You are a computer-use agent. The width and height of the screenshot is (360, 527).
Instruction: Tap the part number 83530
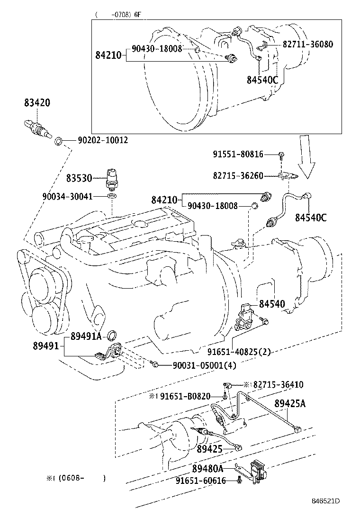(x=79, y=178)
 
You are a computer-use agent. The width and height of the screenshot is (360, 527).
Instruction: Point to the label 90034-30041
(x=73, y=196)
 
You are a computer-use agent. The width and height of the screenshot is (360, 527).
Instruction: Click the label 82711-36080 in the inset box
(x=307, y=45)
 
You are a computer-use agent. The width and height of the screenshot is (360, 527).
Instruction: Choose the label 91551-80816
(x=238, y=154)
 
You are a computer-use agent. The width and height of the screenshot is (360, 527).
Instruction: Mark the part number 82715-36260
(x=238, y=175)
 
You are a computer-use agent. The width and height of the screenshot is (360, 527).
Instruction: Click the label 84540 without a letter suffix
(x=272, y=304)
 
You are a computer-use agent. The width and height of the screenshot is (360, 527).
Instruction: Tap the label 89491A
(x=86, y=336)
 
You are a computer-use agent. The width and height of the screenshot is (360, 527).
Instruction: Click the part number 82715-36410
(x=278, y=385)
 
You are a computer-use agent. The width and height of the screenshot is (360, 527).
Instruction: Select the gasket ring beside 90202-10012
(x=59, y=141)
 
